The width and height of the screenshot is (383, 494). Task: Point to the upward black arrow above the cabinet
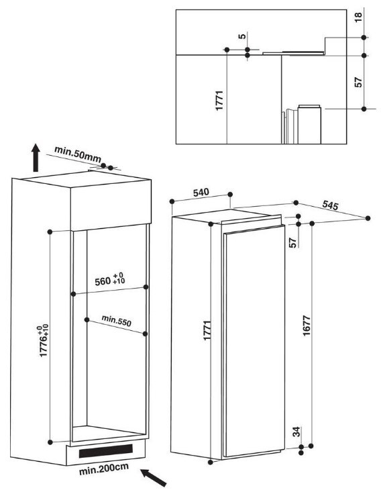(36, 158)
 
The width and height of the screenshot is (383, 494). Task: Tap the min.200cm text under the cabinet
(104, 468)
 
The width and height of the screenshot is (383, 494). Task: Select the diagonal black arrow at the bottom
(153, 477)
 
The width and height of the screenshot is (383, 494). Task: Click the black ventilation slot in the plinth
(106, 451)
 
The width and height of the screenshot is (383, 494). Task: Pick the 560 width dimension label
(109, 279)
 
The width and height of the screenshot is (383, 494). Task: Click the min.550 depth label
(116, 320)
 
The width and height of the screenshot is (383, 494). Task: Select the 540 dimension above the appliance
(201, 192)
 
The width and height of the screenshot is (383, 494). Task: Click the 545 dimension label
(330, 205)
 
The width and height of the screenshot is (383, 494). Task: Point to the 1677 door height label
(307, 326)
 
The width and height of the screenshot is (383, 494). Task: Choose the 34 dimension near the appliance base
(296, 432)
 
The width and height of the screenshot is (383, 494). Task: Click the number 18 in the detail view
(358, 17)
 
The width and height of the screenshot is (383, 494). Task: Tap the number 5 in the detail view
(242, 36)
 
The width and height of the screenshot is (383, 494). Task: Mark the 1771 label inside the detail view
(219, 100)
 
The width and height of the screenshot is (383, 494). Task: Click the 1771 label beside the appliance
(207, 330)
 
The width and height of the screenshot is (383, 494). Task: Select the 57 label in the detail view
(358, 83)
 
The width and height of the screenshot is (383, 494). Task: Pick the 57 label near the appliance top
(293, 242)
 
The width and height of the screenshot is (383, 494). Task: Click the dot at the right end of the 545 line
(368, 218)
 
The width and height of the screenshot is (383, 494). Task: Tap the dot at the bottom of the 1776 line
(50, 442)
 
